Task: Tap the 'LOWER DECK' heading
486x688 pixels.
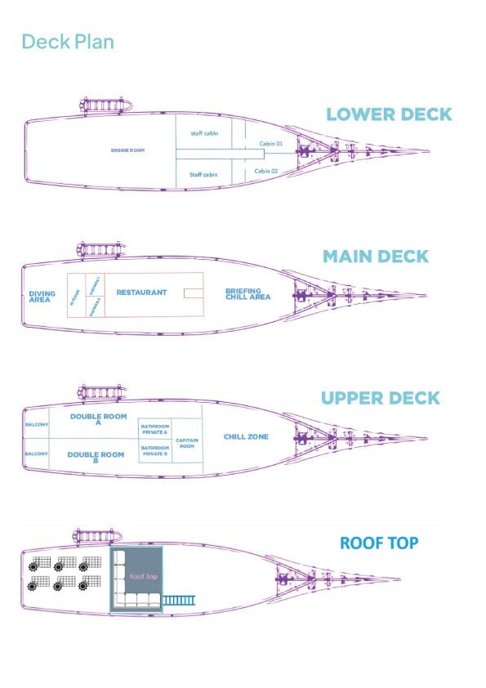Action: coord(389,114)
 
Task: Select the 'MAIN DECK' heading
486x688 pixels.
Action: coord(375,257)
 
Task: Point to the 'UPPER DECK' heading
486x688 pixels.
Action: coord(380,399)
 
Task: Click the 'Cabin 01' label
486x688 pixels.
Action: coord(270,144)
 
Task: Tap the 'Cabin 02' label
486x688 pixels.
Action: coord(266,172)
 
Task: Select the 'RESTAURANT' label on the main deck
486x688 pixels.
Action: coord(141,292)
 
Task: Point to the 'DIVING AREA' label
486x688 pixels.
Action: coord(42,296)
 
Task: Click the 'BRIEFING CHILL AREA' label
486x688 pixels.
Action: coord(243,294)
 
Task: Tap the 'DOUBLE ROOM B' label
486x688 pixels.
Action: coord(96,457)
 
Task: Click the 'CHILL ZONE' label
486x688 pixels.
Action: coord(247,437)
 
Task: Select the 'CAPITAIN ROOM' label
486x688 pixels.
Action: coord(186,444)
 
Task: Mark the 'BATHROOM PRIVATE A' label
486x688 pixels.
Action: coord(155,428)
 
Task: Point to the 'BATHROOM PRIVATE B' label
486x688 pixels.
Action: coord(155,450)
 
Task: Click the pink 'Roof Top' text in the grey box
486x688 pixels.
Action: coord(143,576)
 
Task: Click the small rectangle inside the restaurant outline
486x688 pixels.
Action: coord(194,293)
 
